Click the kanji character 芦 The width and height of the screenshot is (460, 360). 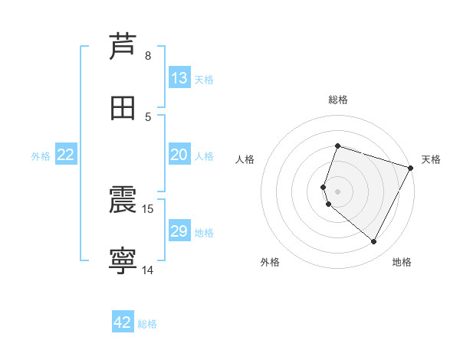tap(123, 46)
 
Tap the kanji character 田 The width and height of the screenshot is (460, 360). tap(123, 108)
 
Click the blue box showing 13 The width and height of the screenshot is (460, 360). tap(179, 78)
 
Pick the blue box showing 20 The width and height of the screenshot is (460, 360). tap(179, 155)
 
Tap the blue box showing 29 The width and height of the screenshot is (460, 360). tap(179, 231)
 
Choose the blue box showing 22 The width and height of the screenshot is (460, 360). tap(66, 155)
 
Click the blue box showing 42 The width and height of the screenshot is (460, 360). tap(123, 322)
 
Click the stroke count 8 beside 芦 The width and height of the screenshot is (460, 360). tap(148, 55)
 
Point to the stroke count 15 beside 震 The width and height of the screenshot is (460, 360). tap(148, 208)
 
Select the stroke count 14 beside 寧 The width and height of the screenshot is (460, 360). tap(148, 270)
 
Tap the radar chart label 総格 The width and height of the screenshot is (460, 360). tap(338, 100)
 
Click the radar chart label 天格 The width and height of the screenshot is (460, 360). tap(431, 159)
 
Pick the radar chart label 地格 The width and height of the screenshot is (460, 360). tap(402, 262)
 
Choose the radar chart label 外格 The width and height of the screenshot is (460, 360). tap(270, 262)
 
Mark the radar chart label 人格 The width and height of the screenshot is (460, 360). tap(245, 159)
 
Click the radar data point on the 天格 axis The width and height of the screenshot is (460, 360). tap(412, 168)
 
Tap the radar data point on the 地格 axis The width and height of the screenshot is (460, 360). tap(374, 242)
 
